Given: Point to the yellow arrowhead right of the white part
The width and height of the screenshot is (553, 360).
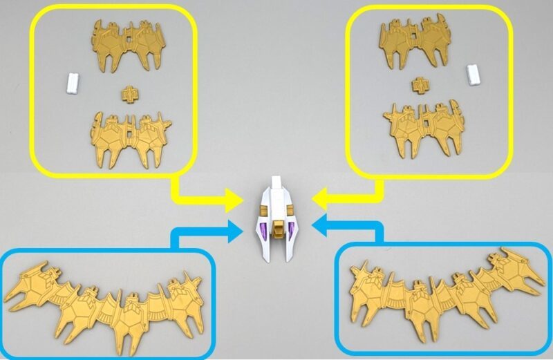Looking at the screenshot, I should coord(319,201).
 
